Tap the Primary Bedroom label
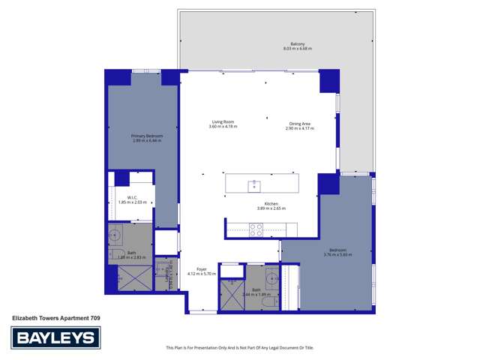(146, 136)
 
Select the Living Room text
(223, 122)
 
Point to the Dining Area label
(300, 124)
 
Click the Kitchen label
(271, 203)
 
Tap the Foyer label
(201, 268)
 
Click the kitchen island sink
(254, 184)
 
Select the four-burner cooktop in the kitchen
(255, 230)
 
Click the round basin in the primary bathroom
(115, 235)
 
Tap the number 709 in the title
(95, 319)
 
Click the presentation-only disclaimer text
(240, 347)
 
